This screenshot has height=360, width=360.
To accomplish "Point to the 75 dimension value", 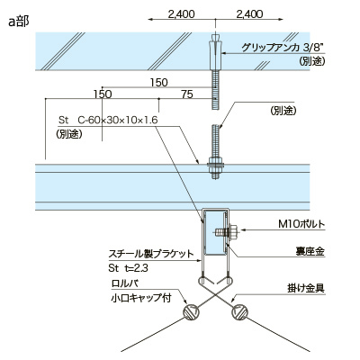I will click(x=186, y=94).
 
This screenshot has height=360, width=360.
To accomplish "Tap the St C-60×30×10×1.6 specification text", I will click(x=108, y=119).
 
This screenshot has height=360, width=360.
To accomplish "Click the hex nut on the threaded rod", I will click(x=217, y=164).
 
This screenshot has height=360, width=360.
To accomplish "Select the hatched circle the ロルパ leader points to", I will click(x=191, y=312).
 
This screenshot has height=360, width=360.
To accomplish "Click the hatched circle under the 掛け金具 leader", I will click(x=240, y=312).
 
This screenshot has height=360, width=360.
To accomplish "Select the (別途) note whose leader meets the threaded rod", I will click(x=282, y=110).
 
